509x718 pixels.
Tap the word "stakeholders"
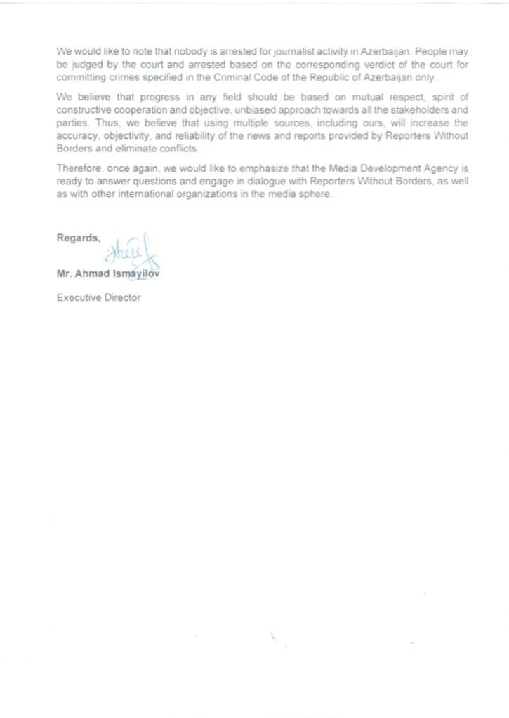421,108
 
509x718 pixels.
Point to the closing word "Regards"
78,238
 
